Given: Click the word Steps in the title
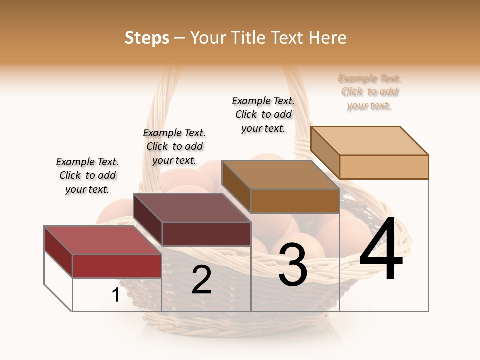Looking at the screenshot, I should click(147, 38).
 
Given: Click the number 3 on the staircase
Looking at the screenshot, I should click(293, 265).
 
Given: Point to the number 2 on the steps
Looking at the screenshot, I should click(201, 280).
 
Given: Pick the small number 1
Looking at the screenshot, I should click(116, 295).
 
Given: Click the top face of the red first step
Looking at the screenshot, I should click(103, 240).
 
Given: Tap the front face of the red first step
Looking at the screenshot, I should click(117, 266).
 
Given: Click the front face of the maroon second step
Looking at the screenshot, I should click(206, 234).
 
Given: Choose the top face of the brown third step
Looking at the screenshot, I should click(280, 175).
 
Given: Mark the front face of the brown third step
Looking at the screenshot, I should click(295, 201).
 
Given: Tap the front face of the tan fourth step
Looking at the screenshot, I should click(384, 167).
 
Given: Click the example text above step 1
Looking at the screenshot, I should click(87, 175).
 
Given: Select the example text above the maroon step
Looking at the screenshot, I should click(174, 146).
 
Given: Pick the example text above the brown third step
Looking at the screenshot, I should click(263, 114).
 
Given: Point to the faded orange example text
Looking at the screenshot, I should click(369, 92).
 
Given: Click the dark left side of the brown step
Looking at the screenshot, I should click(236, 186).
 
